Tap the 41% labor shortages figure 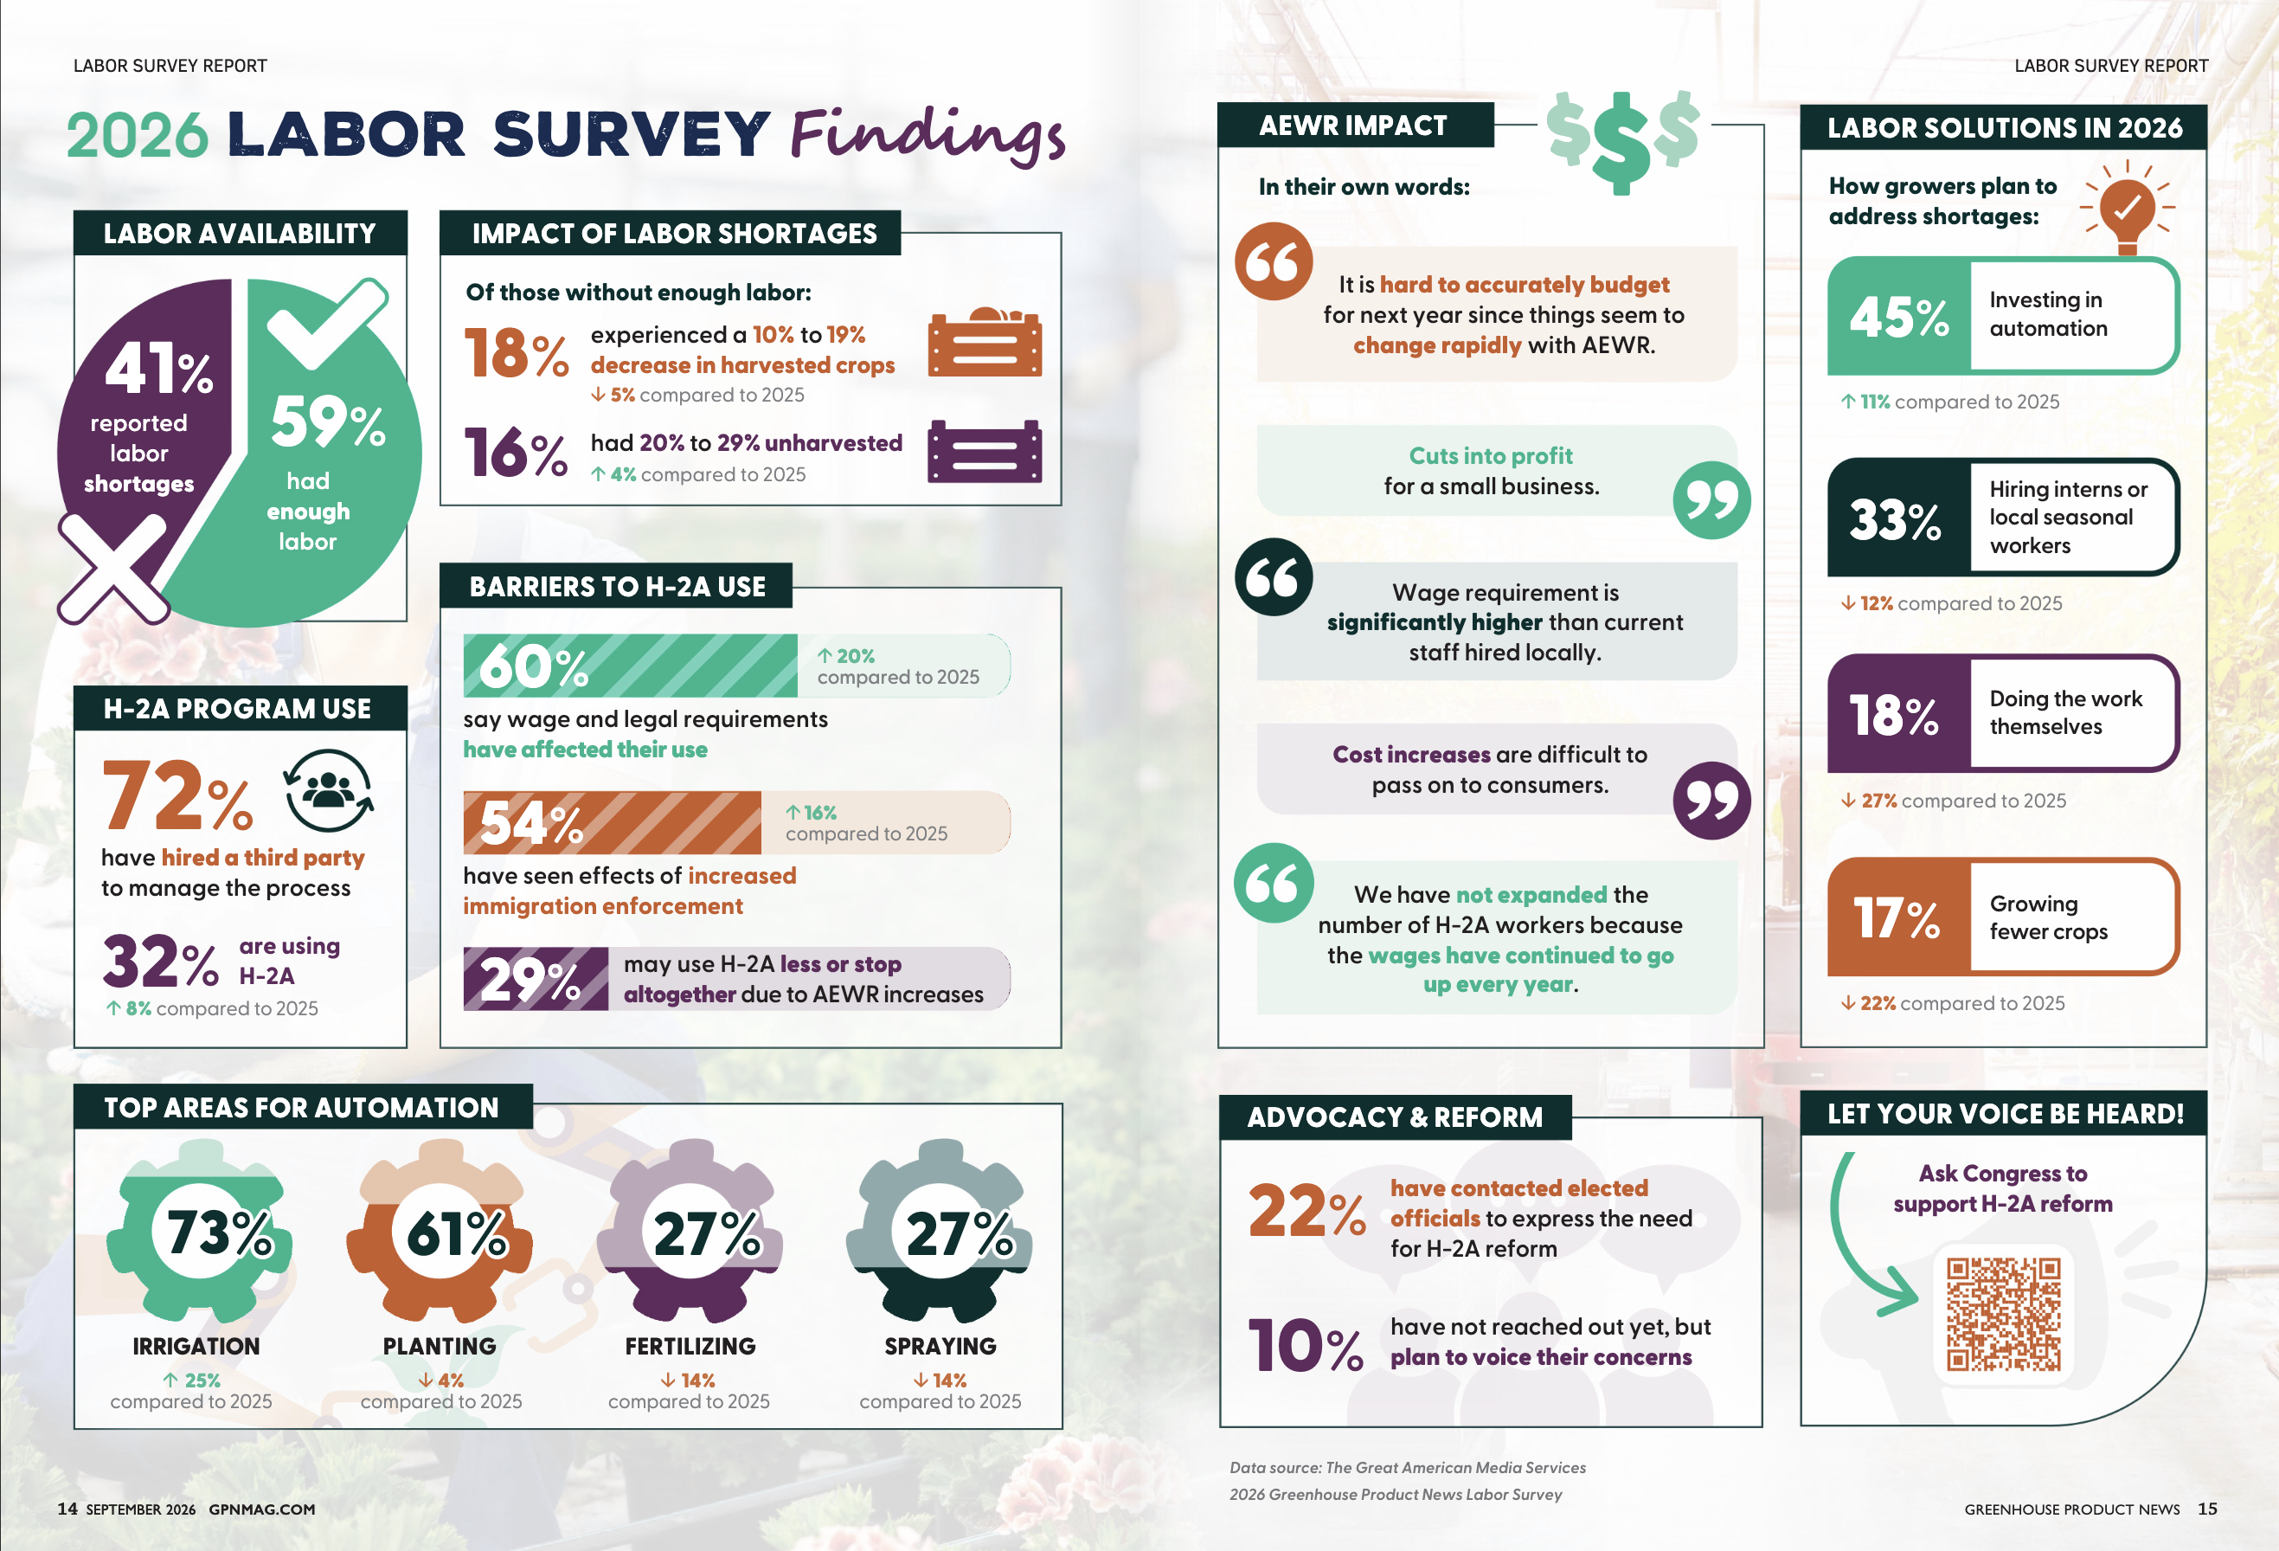(x=157, y=369)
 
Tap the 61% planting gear (x=440, y=1231)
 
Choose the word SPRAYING (x=940, y=1346)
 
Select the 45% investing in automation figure (x=1898, y=317)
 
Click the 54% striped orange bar (x=612, y=822)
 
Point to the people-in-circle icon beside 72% (x=329, y=791)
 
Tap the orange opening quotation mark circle (x=1273, y=261)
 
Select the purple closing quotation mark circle (x=1711, y=800)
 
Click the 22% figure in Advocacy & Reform (x=1306, y=1212)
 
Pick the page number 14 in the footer (x=67, y=1509)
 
